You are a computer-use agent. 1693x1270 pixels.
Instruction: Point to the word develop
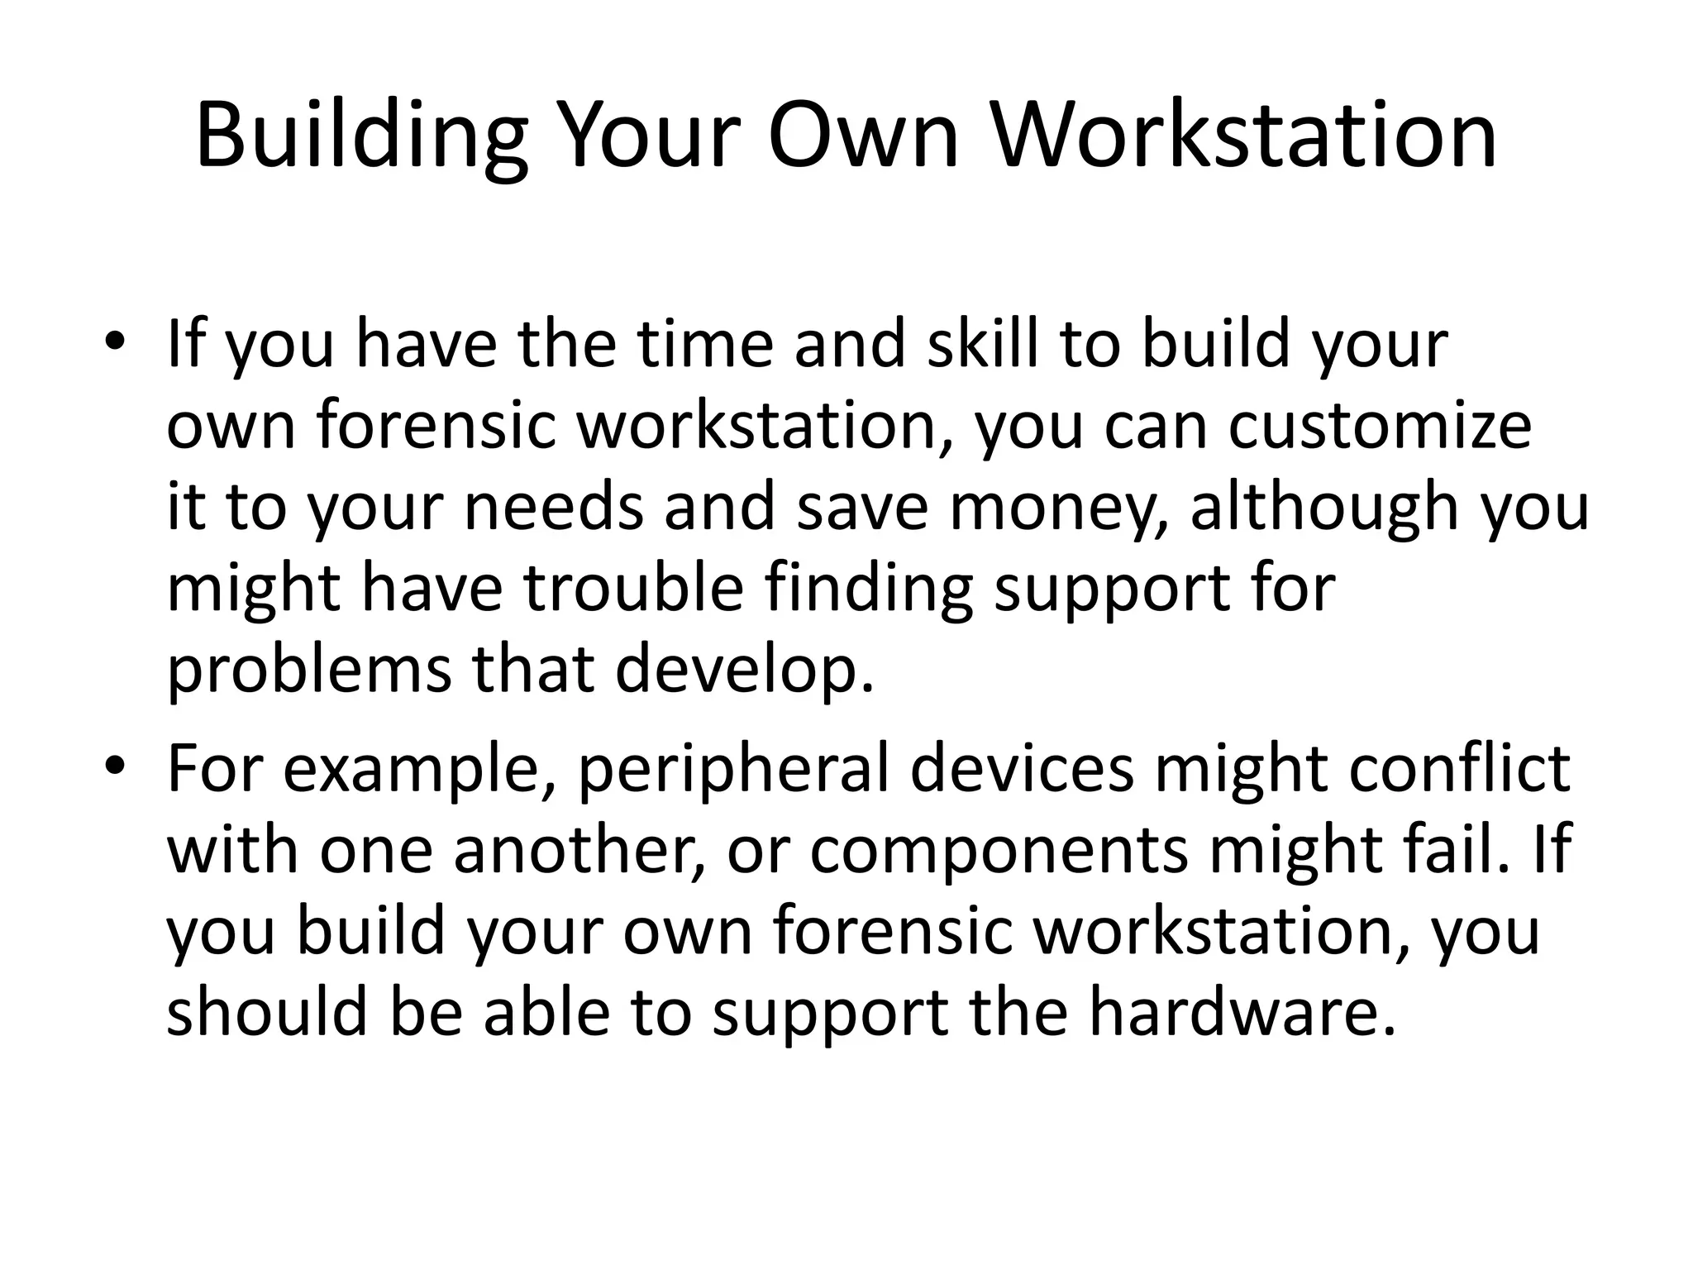pyautogui.click(x=744, y=670)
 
